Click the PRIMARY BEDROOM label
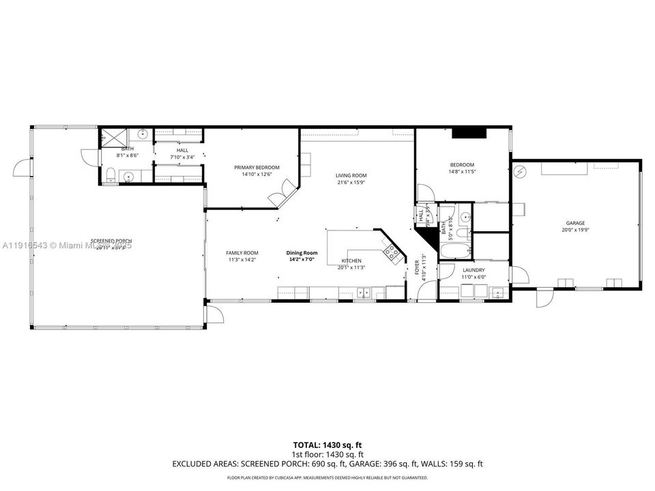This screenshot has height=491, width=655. tap(257, 167)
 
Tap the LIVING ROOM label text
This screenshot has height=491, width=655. tap(351, 175)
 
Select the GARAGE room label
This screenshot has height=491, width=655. tap(575, 222)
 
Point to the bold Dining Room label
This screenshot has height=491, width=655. tap(302, 253)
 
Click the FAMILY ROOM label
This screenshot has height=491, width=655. tap(242, 253)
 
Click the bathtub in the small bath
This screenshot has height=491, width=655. tap(456, 250)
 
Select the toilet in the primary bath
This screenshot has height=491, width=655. tap(111, 175)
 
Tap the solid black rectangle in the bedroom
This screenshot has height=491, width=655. tap(469, 134)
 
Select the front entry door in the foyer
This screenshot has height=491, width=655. tap(424, 292)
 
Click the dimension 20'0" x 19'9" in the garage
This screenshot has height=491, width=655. tap(575, 230)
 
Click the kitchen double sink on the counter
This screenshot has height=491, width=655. tap(363, 293)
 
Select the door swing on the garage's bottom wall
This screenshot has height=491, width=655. tap(544, 298)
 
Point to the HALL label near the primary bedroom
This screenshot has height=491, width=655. tap(182, 150)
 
